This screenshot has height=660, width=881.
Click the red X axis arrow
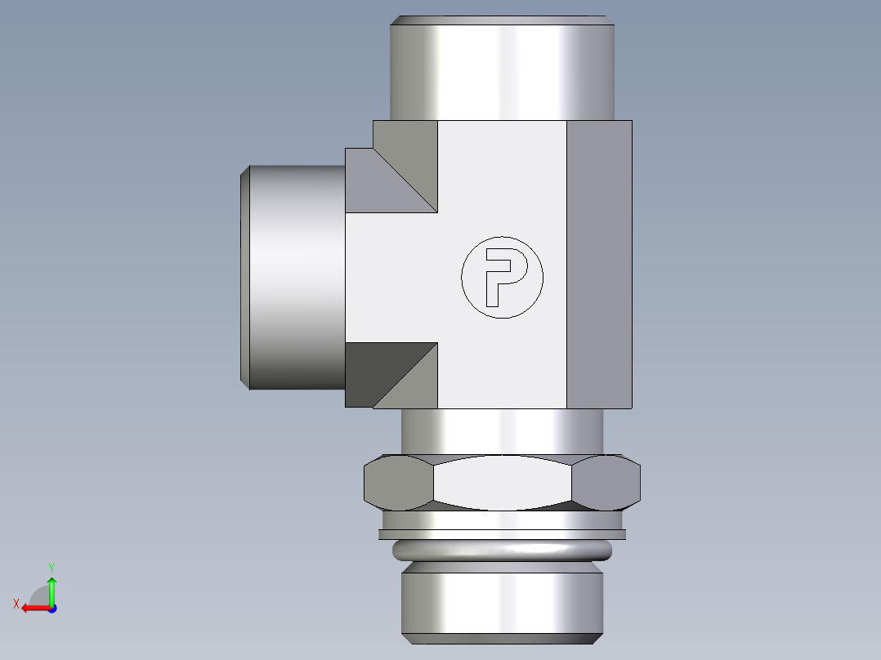[33, 608]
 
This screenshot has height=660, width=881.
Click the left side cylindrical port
[294, 278]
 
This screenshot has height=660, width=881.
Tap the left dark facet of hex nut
[396, 483]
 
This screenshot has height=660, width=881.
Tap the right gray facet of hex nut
[606, 483]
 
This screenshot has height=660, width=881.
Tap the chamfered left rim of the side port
[244, 278]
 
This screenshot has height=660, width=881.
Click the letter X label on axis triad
[16, 604]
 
